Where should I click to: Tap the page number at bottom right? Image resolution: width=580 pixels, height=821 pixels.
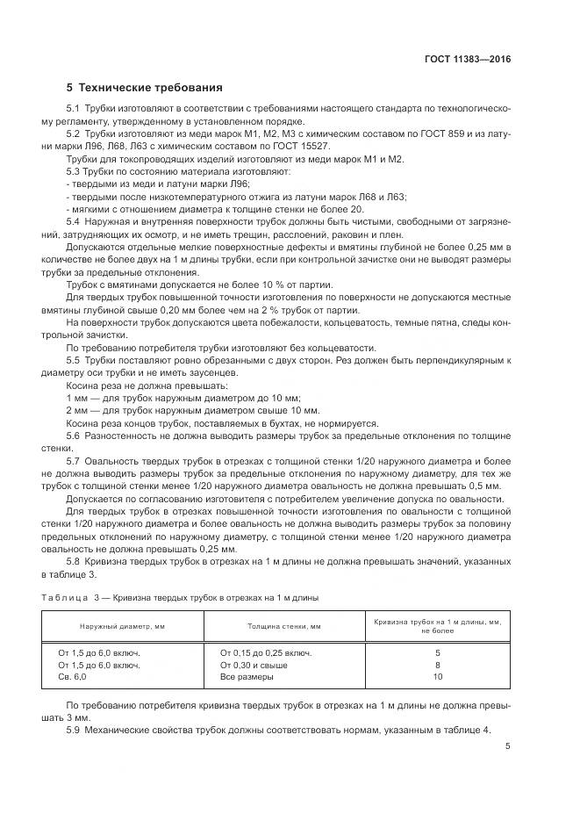point(508,746)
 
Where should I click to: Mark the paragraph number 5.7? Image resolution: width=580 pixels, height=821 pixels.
point(75,460)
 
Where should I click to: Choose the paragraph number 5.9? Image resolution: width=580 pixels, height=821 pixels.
point(75,731)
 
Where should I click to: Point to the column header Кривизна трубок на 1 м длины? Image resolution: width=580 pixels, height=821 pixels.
point(437,622)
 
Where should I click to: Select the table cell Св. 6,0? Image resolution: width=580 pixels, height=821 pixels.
point(73,677)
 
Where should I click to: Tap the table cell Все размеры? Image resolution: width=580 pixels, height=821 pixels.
point(247,677)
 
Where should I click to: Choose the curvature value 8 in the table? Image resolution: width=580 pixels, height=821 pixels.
point(437,665)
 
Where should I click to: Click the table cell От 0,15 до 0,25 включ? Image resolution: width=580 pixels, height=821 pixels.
point(266,652)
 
